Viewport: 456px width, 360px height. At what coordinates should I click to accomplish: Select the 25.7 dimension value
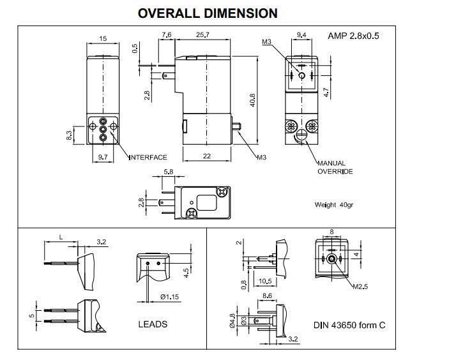pyautogui.click(x=204, y=34)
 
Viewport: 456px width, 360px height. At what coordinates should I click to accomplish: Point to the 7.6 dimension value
pyautogui.click(x=168, y=34)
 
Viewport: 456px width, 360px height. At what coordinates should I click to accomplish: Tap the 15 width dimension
pyautogui.click(x=103, y=39)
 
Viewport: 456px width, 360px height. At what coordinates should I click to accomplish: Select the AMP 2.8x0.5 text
pyautogui.click(x=353, y=36)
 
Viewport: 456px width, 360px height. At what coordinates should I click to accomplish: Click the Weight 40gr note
pyautogui.click(x=334, y=206)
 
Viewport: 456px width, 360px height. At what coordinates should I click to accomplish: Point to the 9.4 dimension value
pyautogui.click(x=302, y=34)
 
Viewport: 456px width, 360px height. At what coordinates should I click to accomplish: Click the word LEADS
pyautogui.click(x=153, y=324)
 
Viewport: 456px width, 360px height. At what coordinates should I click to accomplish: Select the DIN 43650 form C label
pyautogui.click(x=349, y=325)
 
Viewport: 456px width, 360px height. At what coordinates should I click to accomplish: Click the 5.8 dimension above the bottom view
pyautogui.click(x=169, y=171)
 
